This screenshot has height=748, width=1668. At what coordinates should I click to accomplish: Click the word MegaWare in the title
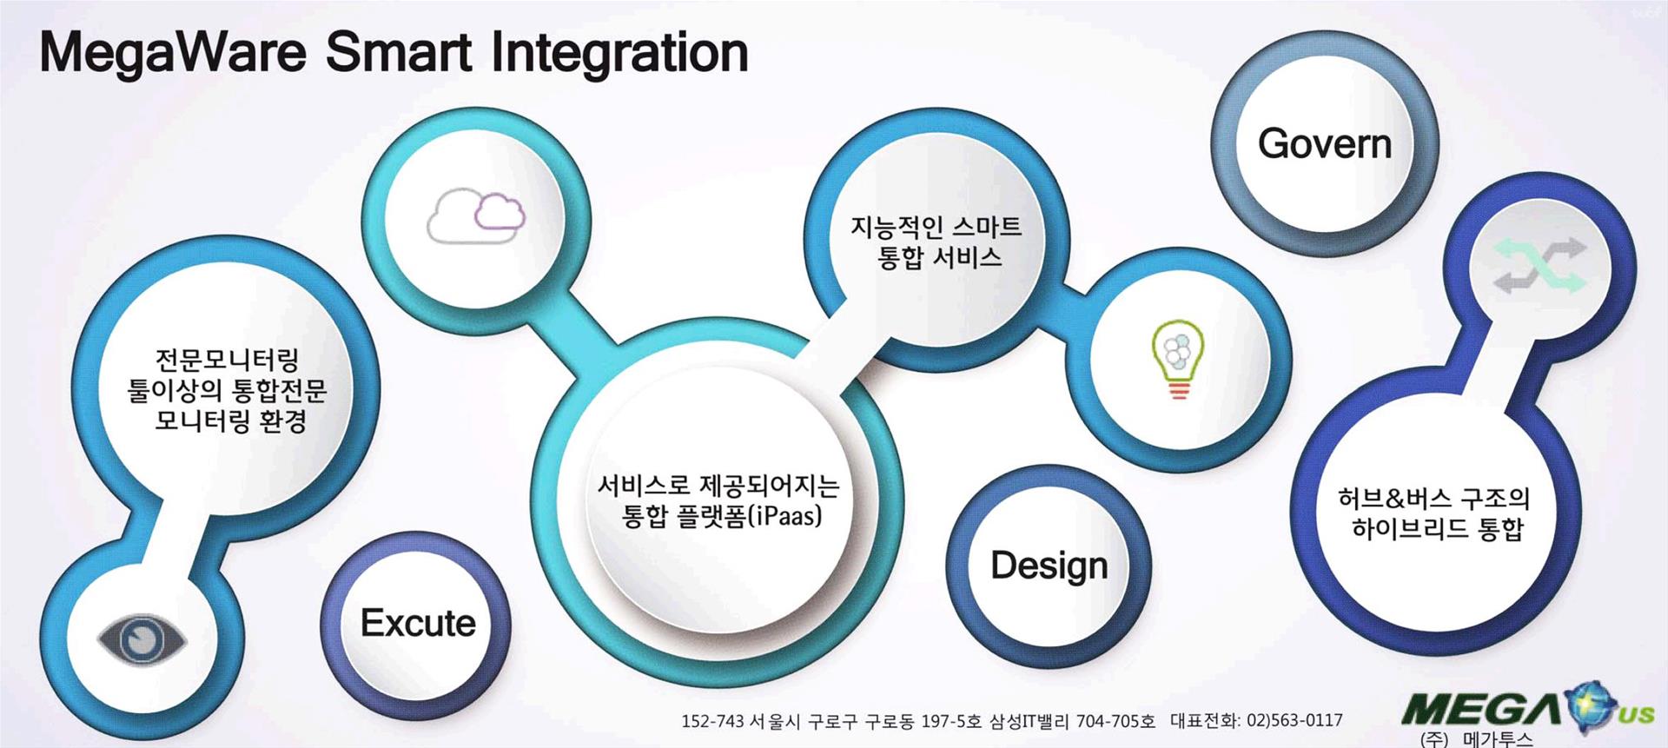coord(173,53)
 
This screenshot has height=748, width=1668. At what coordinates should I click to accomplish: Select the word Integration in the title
coord(619,53)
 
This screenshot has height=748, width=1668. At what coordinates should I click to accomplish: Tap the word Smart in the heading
coord(399,53)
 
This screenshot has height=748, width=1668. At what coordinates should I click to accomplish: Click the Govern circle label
coord(1324,143)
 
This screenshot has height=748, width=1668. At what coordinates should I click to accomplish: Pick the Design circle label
coord(1049,566)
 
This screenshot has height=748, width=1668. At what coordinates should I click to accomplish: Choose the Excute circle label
coord(418,623)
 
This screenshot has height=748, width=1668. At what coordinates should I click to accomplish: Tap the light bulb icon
coord(1178,360)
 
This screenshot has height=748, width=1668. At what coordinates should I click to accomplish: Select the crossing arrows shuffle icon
coord(1539,265)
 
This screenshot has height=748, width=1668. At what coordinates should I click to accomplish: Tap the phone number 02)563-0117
coord(1294,720)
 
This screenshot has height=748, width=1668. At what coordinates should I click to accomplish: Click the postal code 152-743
coord(712,721)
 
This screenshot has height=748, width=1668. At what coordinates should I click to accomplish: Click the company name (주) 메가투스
coord(1477,739)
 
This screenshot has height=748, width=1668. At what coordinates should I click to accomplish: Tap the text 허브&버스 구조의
coord(1433,499)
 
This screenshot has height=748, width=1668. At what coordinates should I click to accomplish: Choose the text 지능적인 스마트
coord(936,227)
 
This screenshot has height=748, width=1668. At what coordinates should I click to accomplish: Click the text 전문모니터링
coord(227,360)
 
